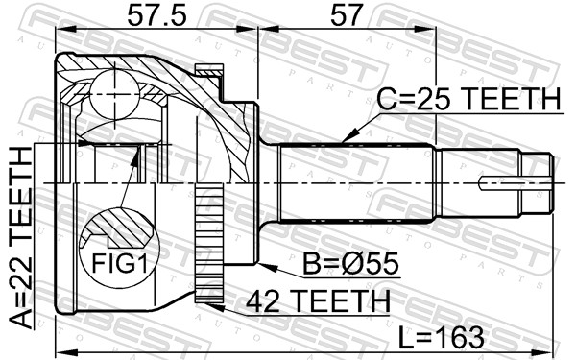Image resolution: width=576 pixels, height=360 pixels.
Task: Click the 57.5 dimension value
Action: (x=156, y=15)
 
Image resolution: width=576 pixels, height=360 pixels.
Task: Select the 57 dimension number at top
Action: (x=347, y=15)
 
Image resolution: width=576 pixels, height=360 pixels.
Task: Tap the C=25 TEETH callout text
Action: (x=469, y=99)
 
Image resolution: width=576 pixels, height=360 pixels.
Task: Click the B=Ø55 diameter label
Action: (x=350, y=263)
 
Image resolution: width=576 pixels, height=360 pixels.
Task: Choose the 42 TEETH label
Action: (x=318, y=300)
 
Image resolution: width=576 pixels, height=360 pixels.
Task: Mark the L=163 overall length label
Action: (x=442, y=337)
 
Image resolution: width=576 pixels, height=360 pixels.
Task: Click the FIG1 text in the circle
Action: (x=119, y=263)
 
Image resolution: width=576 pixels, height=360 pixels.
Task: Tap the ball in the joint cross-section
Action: (x=115, y=94)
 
